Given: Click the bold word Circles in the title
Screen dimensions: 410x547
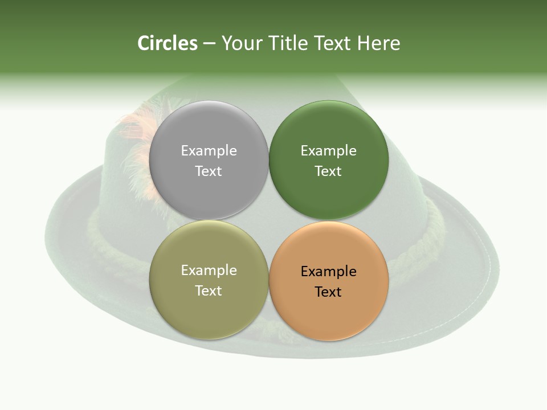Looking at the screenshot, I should [x=167, y=43].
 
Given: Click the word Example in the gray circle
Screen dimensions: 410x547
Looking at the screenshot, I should [x=209, y=151].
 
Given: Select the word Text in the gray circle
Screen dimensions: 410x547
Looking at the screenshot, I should [x=209, y=171].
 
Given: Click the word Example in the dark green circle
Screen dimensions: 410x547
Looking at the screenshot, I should [x=328, y=151].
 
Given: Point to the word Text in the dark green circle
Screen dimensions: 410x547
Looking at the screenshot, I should [x=328, y=171].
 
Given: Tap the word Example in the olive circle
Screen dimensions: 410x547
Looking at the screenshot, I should [x=209, y=270].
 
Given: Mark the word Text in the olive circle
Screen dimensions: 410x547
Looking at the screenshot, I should [x=209, y=291].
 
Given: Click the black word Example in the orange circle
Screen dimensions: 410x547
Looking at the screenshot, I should [x=328, y=272].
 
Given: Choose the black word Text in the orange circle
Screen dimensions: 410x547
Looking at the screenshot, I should [x=328, y=292].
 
